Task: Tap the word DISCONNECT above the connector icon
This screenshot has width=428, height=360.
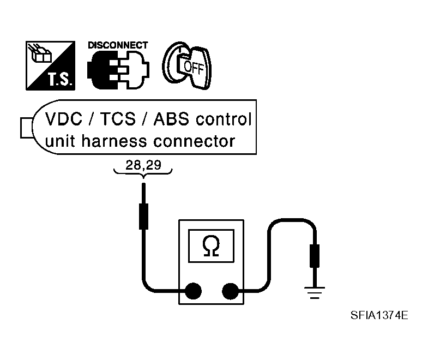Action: point(117,45)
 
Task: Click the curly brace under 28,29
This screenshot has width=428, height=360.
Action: point(143,172)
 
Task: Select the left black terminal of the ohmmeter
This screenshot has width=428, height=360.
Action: point(192,291)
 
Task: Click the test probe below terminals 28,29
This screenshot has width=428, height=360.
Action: point(143,215)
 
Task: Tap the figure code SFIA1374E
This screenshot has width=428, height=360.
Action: point(380,315)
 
